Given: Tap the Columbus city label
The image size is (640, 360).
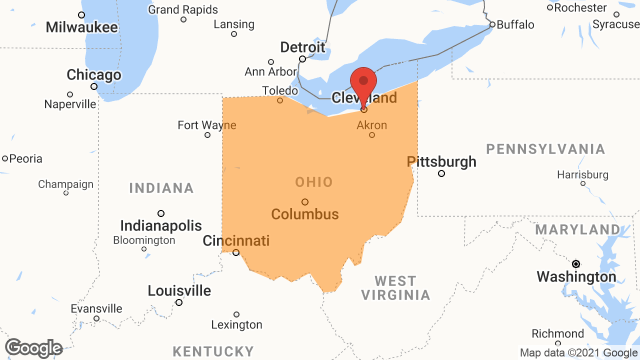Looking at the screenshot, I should (305, 214).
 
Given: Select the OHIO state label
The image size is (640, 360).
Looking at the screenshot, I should (314, 182).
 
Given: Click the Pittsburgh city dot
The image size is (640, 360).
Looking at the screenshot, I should (441, 173).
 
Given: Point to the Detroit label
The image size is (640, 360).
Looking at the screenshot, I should (302, 47).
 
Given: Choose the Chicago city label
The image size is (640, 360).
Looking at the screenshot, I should (94, 75).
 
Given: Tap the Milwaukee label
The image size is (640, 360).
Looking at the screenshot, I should (82, 27).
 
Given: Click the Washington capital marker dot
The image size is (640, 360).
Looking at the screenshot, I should (576, 263).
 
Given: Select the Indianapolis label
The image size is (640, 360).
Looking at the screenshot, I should (161, 225).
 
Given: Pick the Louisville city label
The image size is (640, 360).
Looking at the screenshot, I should (179, 290).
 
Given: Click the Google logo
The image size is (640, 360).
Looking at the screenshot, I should (33, 348).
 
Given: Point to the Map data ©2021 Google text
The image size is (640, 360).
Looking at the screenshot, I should (578, 353).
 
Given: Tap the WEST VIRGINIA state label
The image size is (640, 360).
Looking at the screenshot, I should (395, 288).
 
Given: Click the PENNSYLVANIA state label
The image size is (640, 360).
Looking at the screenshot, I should (546, 149).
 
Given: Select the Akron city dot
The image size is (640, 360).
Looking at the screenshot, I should (372, 135).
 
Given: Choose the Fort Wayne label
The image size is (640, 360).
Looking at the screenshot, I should (207, 125).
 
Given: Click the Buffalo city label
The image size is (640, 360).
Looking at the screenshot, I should (515, 24).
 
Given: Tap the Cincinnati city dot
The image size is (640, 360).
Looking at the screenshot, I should (236, 252).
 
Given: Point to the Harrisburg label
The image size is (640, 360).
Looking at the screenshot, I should (583, 174).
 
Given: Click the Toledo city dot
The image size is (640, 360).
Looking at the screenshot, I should (280, 100).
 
